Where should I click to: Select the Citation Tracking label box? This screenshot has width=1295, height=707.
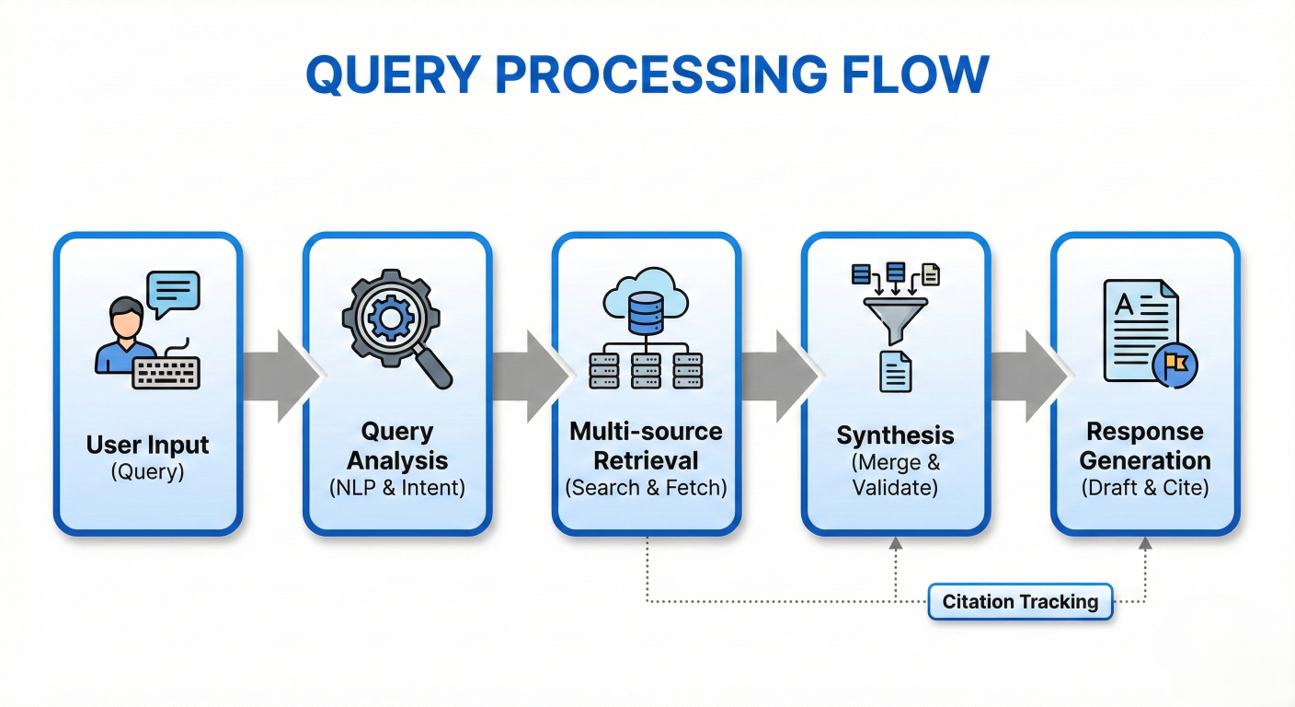pos(1020,602)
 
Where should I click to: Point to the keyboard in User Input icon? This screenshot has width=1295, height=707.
pos(166,373)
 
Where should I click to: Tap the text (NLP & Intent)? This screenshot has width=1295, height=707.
pos(397,488)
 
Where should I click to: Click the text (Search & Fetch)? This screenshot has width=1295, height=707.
pos(647,488)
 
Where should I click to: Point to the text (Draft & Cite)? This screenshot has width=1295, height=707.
pos(1145,488)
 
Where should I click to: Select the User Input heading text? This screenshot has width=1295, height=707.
pos(148,446)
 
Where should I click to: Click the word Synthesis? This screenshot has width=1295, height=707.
pos(896,435)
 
